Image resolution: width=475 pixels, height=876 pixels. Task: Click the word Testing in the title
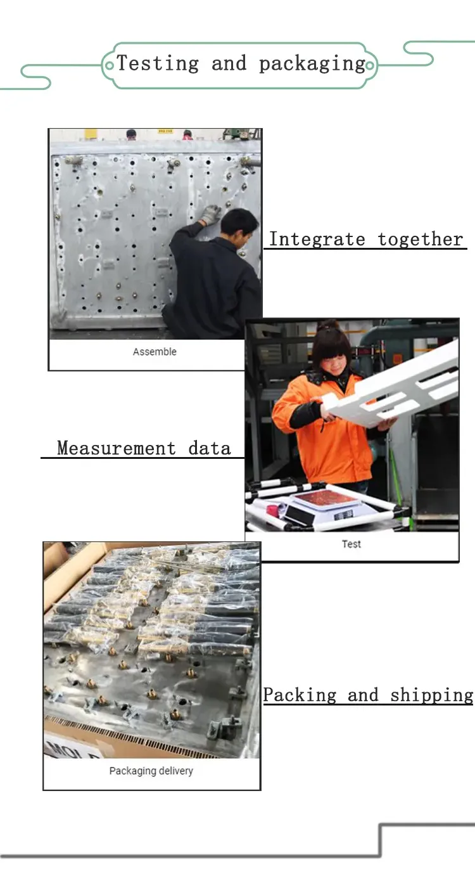[158, 63]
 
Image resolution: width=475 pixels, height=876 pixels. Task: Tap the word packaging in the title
[312, 64]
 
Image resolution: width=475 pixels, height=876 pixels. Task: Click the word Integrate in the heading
[317, 239]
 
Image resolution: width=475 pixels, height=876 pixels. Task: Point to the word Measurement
[116, 448]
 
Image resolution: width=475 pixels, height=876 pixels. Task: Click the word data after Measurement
[210, 448]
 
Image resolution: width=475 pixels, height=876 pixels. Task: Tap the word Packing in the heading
[300, 695]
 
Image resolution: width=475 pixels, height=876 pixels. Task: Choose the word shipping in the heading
[431, 695]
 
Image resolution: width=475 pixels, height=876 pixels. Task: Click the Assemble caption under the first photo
[155, 352]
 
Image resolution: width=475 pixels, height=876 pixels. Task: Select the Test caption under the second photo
[351, 544]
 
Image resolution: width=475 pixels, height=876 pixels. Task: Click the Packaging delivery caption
[151, 771]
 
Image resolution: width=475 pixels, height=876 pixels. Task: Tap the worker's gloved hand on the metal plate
[210, 214]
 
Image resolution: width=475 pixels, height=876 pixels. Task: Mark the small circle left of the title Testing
[110, 63]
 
